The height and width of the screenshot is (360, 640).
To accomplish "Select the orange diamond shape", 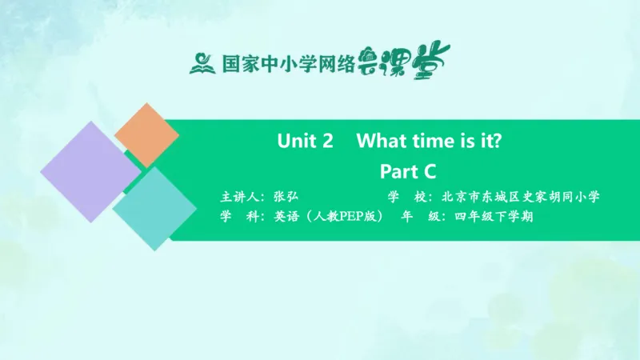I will [146, 134].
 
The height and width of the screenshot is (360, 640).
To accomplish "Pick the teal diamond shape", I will [154, 208].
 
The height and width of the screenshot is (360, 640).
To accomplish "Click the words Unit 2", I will [305, 142].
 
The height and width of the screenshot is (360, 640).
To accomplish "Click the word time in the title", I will [434, 142].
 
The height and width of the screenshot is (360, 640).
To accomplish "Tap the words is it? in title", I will [482, 142].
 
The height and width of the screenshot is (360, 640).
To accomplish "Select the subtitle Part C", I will [406, 170].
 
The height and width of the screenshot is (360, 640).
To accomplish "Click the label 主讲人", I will [240, 196].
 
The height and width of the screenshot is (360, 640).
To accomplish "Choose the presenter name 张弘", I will [285, 196].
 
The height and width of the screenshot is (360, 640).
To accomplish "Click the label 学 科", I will [240, 216].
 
